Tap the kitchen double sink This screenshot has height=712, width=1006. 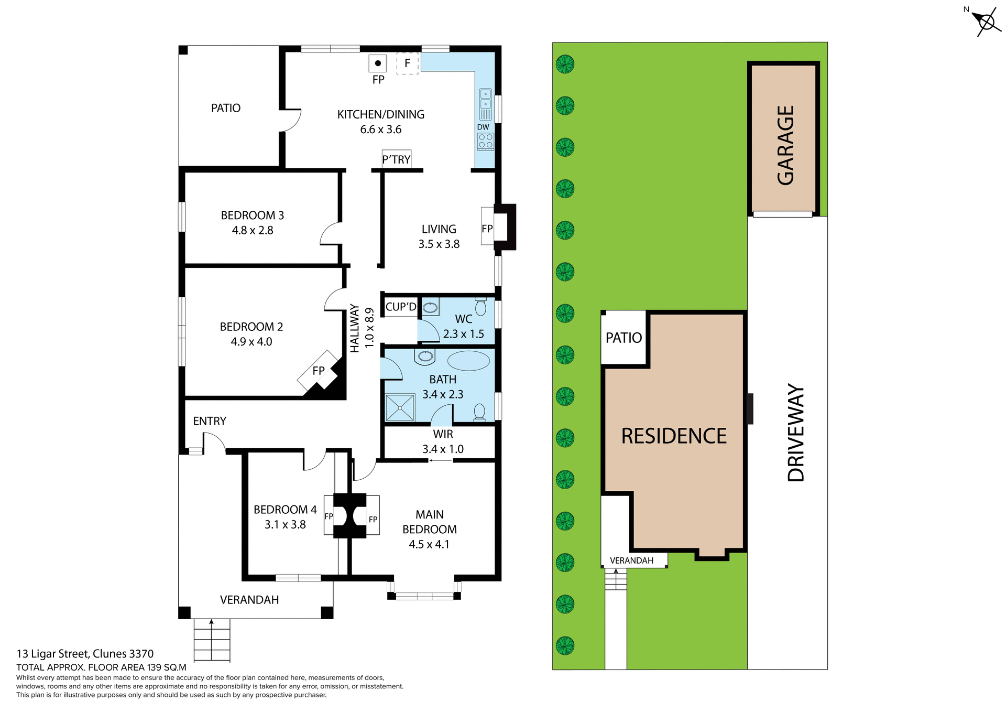(x=486, y=99)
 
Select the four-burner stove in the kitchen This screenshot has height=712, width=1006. (x=486, y=141)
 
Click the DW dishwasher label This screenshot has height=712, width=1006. (x=483, y=127)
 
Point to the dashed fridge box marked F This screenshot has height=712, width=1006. (x=407, y=63)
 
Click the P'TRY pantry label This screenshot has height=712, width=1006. (x=396, y=159)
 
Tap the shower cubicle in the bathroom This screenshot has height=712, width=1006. (x=400, y=408)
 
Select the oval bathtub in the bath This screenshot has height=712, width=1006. (x=468, y=361)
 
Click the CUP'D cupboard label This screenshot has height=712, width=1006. (x=401, y=307)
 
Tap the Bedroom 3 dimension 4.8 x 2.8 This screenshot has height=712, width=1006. (x=253, y=230)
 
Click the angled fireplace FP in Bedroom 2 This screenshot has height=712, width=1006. (x=318, y=371)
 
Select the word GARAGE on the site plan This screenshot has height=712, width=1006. (x=785, y=145)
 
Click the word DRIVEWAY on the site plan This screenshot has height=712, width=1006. (x=795, y=433)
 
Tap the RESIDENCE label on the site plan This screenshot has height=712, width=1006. (x=674, y=436)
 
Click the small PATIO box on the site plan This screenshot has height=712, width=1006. (x=624, y=338)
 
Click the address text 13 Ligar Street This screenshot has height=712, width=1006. (x=85, y=654)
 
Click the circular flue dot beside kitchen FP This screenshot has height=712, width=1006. (x=378, y=63)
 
